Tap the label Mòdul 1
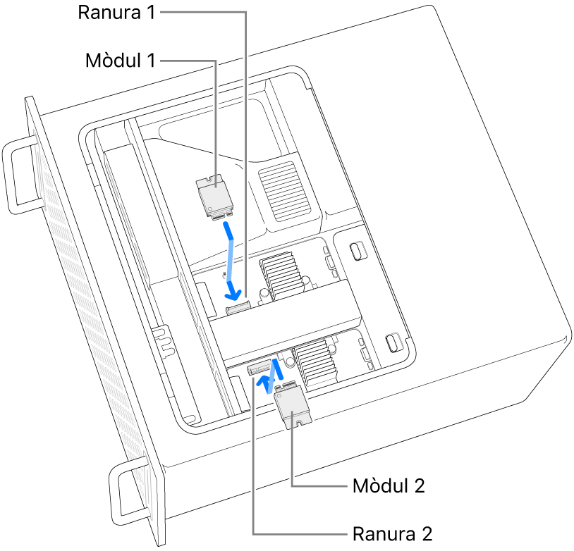click(120, 61)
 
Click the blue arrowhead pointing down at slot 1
click(233, 290)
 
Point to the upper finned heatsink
click(282, 275)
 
